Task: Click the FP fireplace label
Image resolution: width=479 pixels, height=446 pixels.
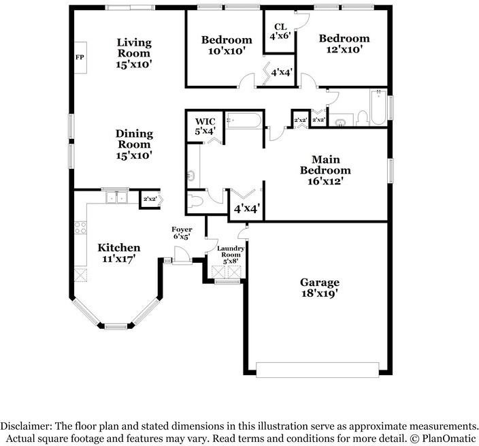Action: [80, 57]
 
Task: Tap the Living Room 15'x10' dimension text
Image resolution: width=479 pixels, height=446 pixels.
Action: [134, 65]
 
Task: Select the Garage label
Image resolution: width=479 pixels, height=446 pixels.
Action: [320, 282]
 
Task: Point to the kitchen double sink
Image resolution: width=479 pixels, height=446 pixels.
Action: [117, 197]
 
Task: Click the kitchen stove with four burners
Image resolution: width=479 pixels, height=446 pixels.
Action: [81, 227]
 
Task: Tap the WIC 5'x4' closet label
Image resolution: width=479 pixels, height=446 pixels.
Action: [205, 126]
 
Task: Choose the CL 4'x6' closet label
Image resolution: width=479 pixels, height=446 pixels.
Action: [280, 31]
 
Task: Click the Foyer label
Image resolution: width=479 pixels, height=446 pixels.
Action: [182, 229]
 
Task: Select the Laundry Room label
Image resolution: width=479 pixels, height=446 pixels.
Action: [231, 251]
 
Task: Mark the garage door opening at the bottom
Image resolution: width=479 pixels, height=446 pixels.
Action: [317, 370]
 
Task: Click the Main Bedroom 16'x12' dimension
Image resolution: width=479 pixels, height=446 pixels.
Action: [325, 181]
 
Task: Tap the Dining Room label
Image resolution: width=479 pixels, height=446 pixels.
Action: [134, 139]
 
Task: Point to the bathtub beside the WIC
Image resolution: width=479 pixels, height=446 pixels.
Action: [244, 121]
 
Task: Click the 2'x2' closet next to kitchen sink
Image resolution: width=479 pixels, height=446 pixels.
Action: [150, 200]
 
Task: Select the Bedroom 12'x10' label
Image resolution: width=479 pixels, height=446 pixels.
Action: [344, 44]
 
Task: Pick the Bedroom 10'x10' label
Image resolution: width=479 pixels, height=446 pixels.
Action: [227, 45]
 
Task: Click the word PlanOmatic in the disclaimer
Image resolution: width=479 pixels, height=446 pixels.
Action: [449, 439]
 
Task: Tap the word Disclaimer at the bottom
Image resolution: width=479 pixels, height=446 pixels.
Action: [24, 426]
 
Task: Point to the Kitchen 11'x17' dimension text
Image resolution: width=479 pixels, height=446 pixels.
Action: [118, 259]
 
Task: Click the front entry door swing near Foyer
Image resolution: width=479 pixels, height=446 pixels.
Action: [181, 254]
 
